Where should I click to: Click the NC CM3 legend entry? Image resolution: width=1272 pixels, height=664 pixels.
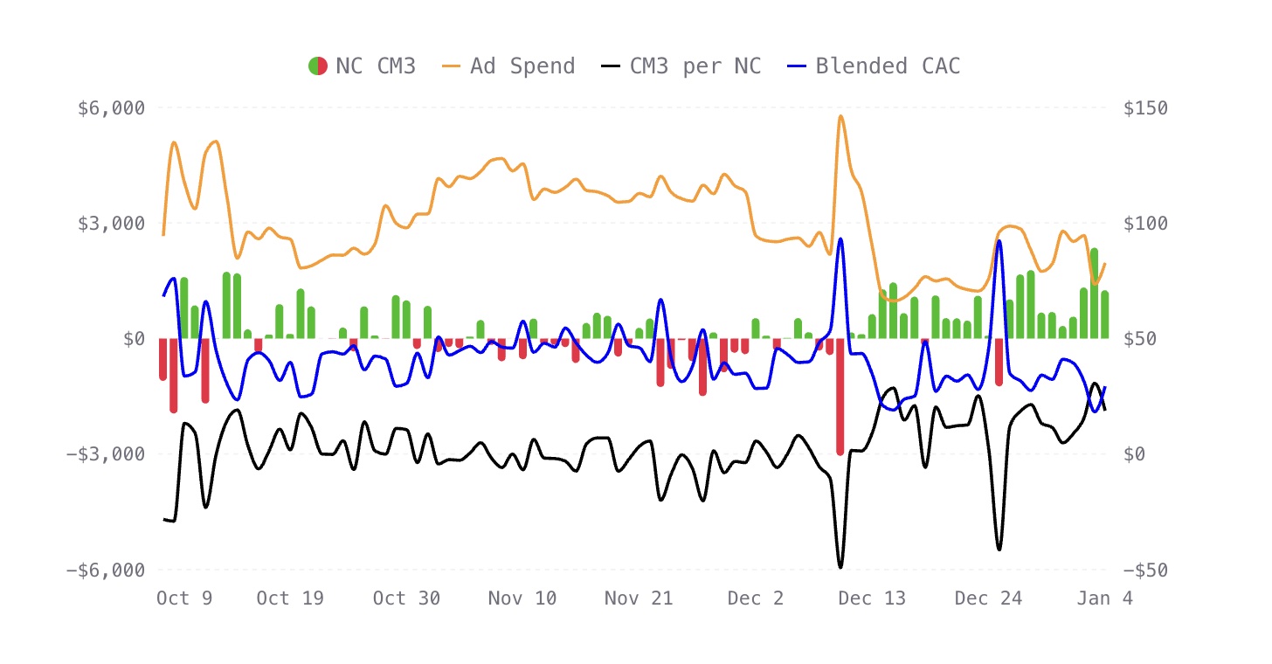[x=362, y=66]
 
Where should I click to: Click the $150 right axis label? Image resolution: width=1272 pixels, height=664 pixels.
[x=1144, y=107]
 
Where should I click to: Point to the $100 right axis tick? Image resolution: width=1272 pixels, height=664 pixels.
[x=1144, y=223]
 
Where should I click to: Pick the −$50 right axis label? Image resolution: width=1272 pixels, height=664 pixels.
[x=1144, y=570]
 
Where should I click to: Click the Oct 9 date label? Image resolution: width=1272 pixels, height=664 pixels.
[x=184, y=598]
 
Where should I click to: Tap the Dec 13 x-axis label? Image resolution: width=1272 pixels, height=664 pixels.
[x=872, y=598]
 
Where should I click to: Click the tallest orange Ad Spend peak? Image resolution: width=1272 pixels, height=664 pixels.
[x=840, y=116]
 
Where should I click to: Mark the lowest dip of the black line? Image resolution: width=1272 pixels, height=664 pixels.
[x=840, y=567]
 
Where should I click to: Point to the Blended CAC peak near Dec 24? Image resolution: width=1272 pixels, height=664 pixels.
[x=999, y=241]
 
